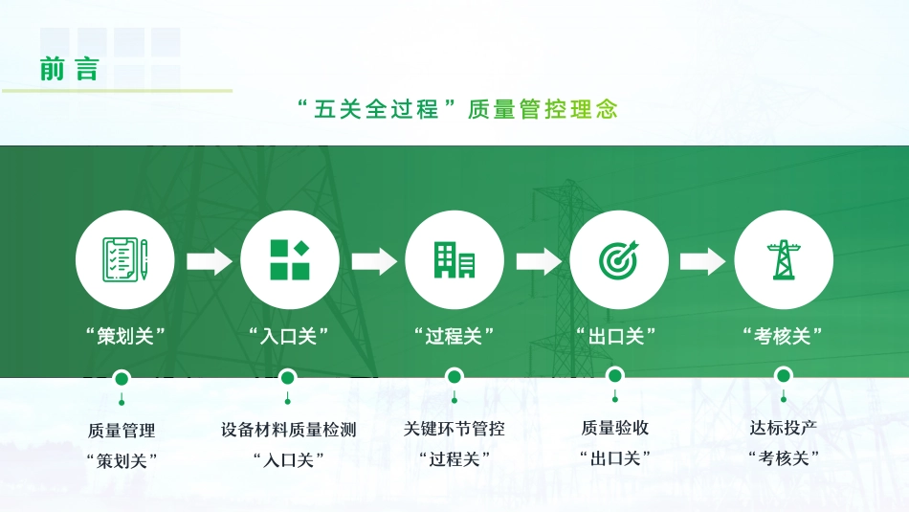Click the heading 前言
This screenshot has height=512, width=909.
(69, 69)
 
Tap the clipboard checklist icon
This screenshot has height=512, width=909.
(125, 259)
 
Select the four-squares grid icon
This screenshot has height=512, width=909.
(289, 259)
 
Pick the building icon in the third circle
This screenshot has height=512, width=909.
(454, 259)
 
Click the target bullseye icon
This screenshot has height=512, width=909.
(618, 259)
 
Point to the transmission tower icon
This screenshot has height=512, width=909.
(784, 259)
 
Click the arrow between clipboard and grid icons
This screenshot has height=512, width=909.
(209, 261)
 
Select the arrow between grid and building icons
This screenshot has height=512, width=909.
(373, 261)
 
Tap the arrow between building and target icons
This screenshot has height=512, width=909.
(538, 261)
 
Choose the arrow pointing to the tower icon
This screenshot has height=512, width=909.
(702, 261)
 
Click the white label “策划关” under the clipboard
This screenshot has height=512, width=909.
(125, 336)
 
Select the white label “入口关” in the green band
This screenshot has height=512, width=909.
(289, 336)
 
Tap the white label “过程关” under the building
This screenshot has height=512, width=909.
(454, 336)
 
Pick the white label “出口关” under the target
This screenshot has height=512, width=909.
(618, 336)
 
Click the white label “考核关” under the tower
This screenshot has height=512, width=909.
(784, 336)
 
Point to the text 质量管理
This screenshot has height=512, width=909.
(122, 431)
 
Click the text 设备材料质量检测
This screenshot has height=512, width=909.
(289, 430)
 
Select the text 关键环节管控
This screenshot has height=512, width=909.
(454, 429)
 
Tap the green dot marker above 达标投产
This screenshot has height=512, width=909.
(784, 377)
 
